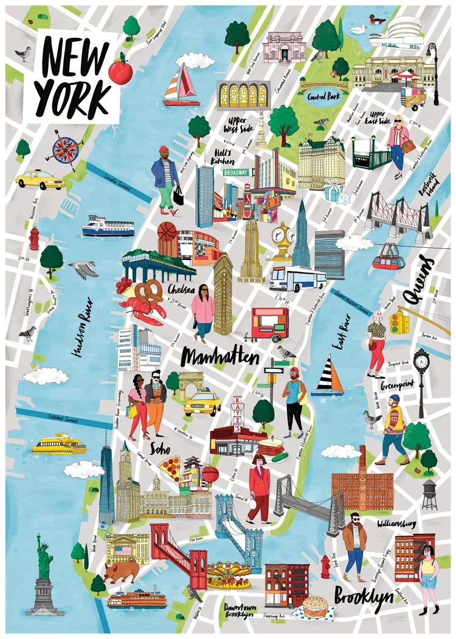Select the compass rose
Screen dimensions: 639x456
(62, 148)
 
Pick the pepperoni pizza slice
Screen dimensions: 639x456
(170, 468)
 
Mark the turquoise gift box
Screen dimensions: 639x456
(332, 193)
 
